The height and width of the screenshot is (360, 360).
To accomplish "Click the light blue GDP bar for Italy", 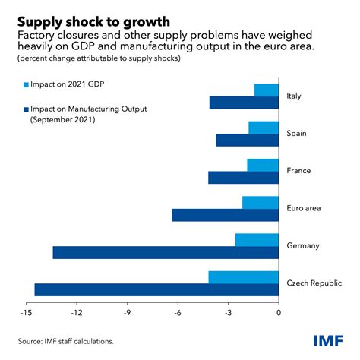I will tap(267, 90).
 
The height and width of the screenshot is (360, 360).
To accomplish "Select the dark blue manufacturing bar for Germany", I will tap(166, 252).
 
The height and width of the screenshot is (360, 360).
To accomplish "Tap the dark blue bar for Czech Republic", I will tap(156, 289).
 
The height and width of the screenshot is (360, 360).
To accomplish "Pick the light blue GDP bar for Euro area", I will tap(261, 202).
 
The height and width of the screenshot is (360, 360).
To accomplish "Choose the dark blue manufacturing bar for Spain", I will tap(248, 140).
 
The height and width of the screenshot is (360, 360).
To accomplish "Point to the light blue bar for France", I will tap(263, 165).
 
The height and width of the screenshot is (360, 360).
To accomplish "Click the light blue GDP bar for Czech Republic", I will tap(244, 277).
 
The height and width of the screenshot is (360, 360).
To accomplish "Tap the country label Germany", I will tap(302, 245).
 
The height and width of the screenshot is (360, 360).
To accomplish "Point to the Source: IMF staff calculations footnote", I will tap(66, 341).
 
